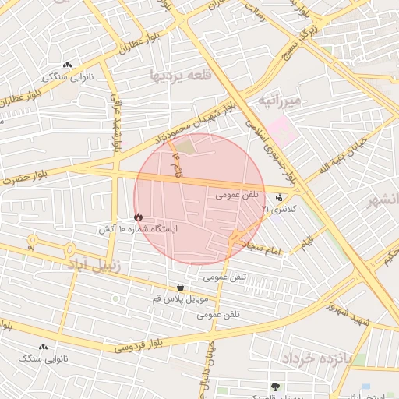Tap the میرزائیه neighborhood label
(279, 101)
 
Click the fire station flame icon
(138, 217)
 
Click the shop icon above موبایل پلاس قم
(181, 287)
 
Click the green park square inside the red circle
(184, 144)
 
